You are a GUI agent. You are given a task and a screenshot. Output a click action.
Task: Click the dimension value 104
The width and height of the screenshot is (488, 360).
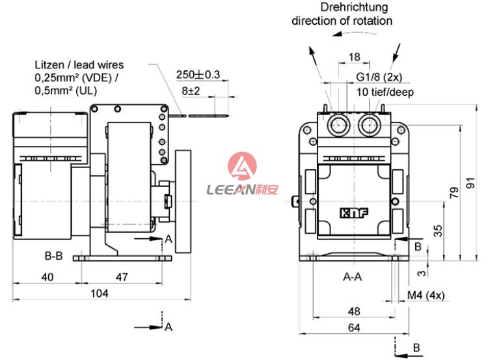pyautogui.click(x=98, y=293)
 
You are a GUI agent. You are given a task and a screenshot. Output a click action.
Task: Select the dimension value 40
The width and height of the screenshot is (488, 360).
pyautogui.click(x=47, y=277)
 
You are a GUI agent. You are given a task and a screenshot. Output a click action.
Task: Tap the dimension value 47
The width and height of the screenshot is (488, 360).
pyautogui.click(x=121, y=277)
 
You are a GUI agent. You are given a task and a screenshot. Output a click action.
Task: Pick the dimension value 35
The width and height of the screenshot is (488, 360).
pyautogui.click(x=438, y=230)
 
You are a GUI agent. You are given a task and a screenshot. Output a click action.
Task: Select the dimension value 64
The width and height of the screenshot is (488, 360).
pyautogui.click(x=354, y=327)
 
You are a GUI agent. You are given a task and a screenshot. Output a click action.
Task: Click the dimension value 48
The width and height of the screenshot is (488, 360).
pyautogui.click(x=354, y=311)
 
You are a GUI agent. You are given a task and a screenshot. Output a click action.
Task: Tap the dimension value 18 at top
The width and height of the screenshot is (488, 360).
pyautogui.click(x=354, y=57)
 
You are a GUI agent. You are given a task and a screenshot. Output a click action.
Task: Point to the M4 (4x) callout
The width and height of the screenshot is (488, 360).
pyautogui.click(x=426, y=295)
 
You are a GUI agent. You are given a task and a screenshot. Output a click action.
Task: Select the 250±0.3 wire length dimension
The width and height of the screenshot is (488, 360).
pyautogui.click(x=198, y=75)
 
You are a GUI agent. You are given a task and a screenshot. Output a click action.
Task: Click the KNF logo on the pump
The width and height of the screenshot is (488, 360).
pyautogui.click(x=352, y=213)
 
